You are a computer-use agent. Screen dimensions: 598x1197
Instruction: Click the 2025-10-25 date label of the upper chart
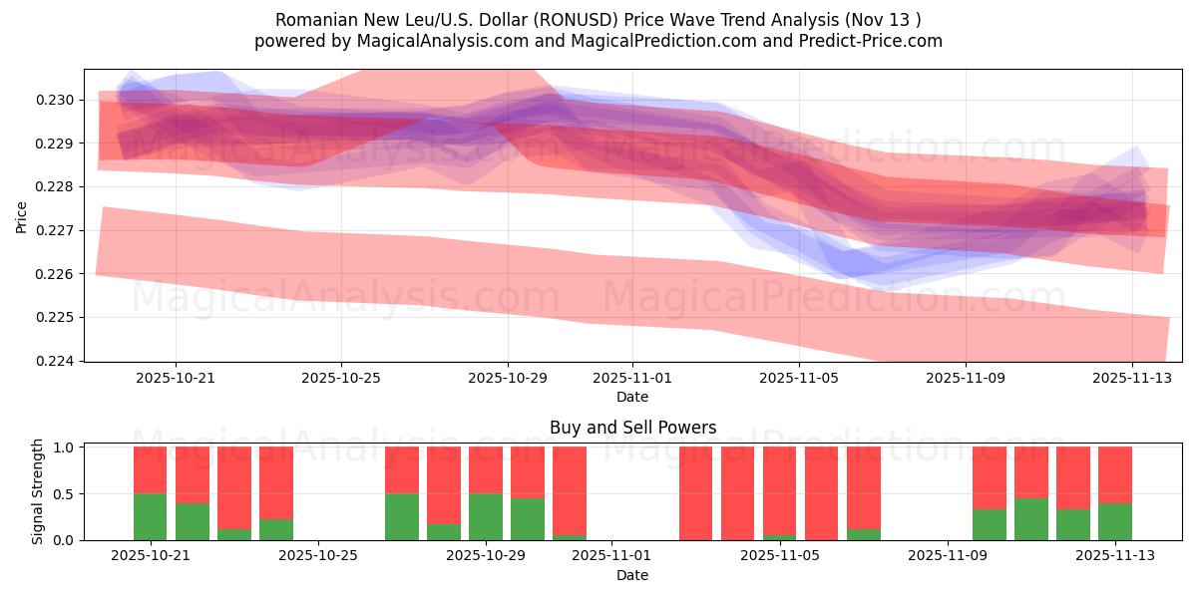341,378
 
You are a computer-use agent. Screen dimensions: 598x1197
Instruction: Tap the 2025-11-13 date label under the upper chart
1131,378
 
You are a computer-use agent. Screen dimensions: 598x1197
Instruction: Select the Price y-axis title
22,215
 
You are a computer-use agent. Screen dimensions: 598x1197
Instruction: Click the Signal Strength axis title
37,491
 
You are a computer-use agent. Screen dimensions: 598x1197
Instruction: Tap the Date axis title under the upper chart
631,397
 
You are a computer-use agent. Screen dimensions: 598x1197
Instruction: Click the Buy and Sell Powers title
632,428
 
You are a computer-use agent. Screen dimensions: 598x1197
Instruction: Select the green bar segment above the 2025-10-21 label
151,516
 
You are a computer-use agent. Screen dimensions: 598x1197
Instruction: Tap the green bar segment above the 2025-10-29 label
486,516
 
